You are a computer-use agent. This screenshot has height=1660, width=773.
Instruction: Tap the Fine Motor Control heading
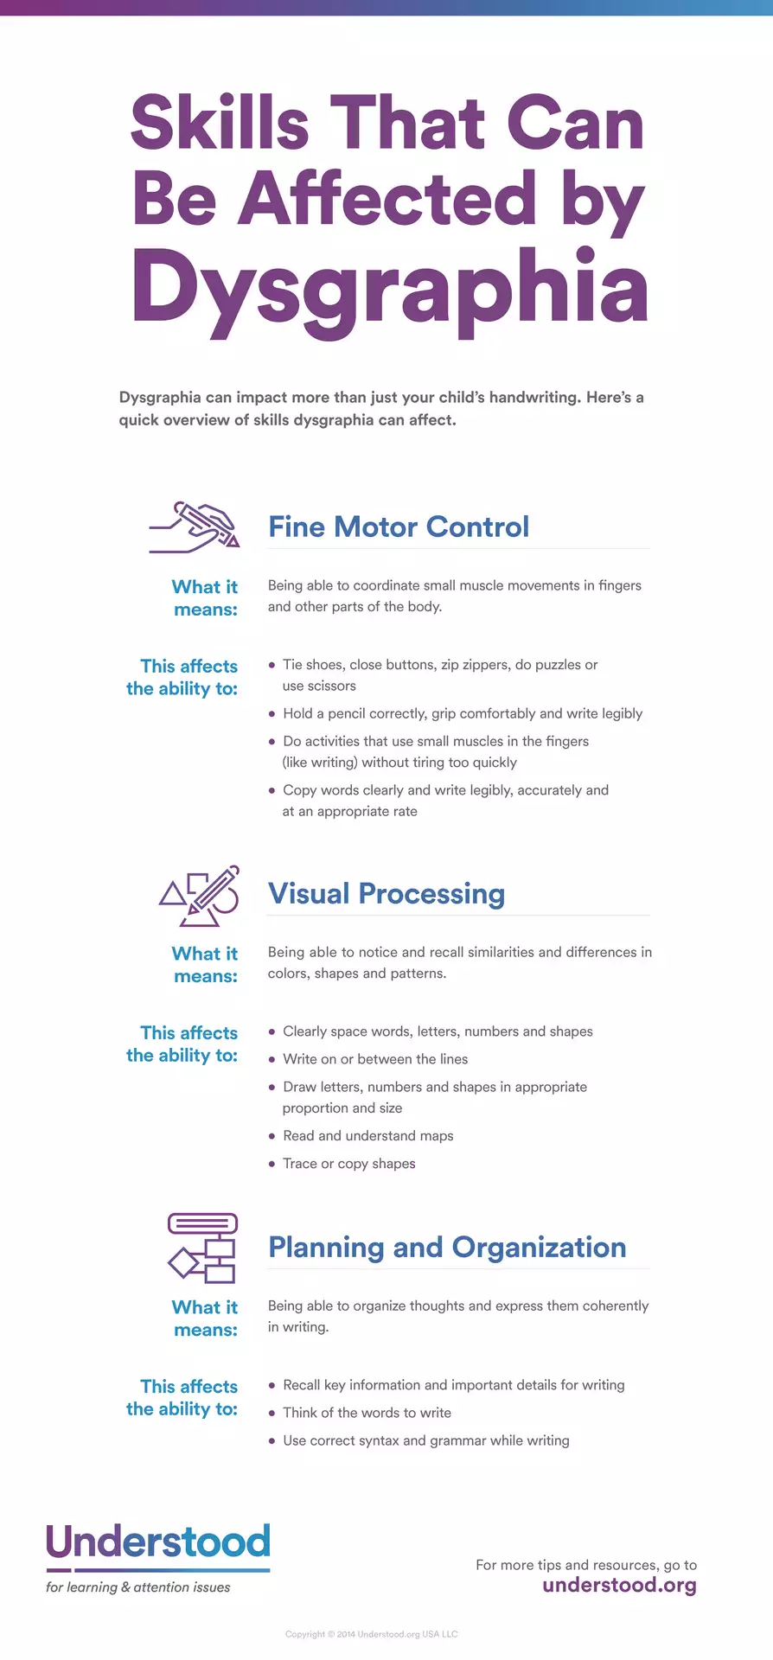coord(399,527)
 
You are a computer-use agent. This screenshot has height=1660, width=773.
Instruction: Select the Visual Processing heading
coord(386,893)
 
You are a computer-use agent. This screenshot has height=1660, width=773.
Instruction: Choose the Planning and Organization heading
coord(447,1247)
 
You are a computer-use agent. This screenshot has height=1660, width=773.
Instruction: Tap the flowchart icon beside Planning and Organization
coord(202,1248)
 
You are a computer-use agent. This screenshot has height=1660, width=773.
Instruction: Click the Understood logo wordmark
coord(158,1542)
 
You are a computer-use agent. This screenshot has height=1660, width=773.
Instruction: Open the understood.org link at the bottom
coord(619,1585)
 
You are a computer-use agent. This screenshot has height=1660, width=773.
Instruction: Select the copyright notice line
coord(372,1634)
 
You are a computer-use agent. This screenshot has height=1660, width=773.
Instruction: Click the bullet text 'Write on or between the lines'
coord(375,1059)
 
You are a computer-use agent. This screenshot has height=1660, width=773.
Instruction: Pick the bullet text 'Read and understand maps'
coord(368,1135)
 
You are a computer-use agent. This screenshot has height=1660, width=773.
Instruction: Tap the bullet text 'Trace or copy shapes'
coord(349,1164)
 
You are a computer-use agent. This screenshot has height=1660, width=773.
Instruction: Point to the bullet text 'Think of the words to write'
coord(367,1413)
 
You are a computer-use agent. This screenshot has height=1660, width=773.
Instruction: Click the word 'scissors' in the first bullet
coord(332,686)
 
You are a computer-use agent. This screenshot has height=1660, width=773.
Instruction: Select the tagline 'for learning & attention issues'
coord(138,1587)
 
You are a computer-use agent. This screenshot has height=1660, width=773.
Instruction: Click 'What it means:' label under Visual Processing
coord(205,965)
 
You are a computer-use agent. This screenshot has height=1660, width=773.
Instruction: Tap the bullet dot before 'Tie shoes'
coord(272,665)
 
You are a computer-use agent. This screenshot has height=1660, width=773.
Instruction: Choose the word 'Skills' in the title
coord(220,124)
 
